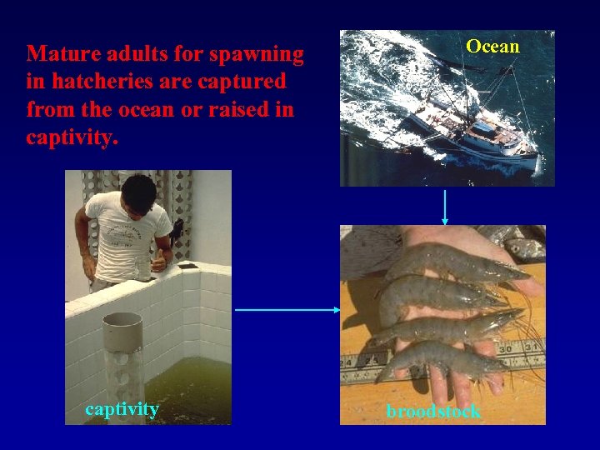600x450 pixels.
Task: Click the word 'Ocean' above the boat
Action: pyautogui.click(x=492, y=47)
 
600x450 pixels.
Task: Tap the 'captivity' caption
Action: pyautogui.click(x=122, y=408)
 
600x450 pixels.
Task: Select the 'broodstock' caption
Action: pyautogui.click(x=433, y=412)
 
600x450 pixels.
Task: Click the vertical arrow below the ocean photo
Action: pyautogui.click(x=445, y=206)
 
